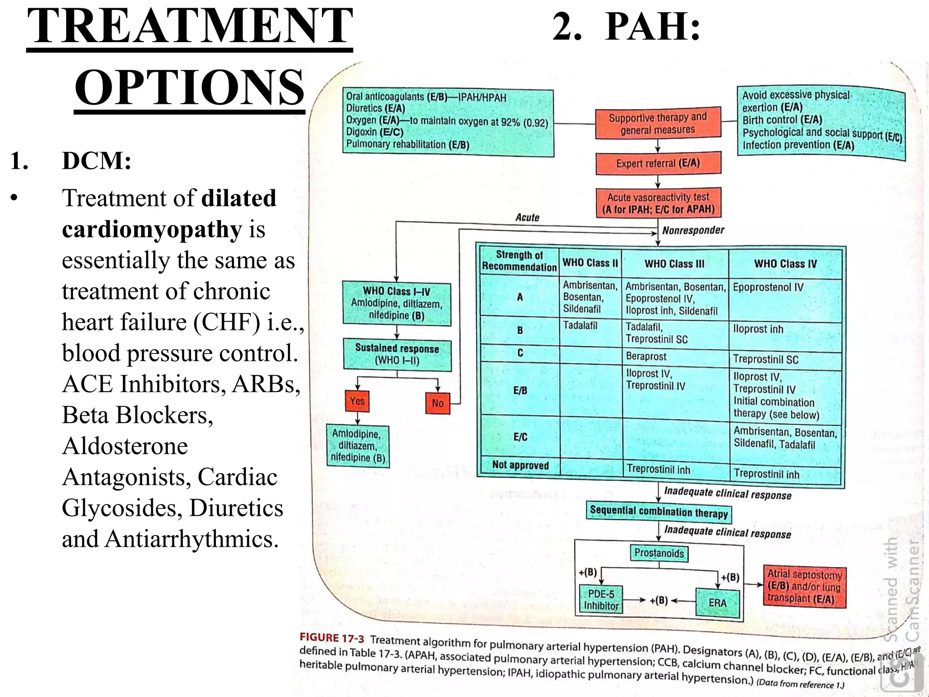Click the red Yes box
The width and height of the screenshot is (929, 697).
357,401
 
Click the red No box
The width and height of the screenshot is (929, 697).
437,403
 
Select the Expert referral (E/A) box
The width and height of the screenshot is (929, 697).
658,163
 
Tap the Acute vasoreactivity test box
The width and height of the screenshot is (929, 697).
658,203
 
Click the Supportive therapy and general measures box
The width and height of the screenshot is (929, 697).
658,123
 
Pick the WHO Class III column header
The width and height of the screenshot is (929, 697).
675,264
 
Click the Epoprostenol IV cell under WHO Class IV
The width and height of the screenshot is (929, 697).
768,287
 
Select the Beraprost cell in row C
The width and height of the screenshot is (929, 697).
646,356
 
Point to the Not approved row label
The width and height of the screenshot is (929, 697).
520,465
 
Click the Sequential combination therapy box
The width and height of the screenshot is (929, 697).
659,512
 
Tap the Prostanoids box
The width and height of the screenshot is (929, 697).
659,553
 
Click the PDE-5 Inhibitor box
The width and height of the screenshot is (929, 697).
601,600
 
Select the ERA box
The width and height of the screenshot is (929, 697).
717,603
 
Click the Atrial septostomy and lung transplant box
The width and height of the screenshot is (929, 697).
804,586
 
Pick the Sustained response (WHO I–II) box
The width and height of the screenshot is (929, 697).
397,354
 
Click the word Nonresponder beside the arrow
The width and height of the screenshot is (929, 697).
693,231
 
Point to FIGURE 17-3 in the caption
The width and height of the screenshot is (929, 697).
332,638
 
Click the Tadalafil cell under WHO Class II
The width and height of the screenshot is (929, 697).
580,325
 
